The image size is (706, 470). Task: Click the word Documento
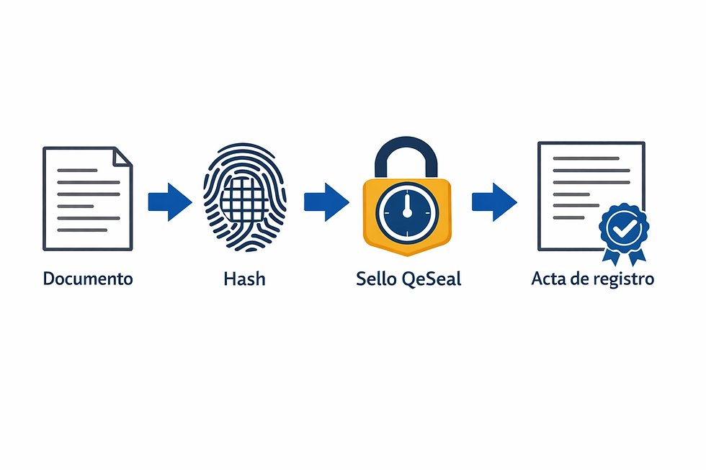[x=88, y=279]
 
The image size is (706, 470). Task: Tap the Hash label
[x=244, y=279]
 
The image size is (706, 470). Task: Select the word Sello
[x=376, y=279]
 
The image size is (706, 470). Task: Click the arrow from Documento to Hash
[x=170, y=202]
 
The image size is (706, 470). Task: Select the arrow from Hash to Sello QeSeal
[x=326, y=202]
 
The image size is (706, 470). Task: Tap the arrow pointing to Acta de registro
[x=494, y=202]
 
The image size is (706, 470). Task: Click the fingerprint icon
[x=244, y=196]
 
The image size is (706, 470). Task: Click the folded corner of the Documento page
[x=122, y=156]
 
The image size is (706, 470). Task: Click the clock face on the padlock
[x=407, y=212]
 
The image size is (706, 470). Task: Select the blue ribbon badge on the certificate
[x=624, y=233]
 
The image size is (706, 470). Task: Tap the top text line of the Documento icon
[x=78, y=171]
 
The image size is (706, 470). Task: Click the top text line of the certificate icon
[x=586, y=158]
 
